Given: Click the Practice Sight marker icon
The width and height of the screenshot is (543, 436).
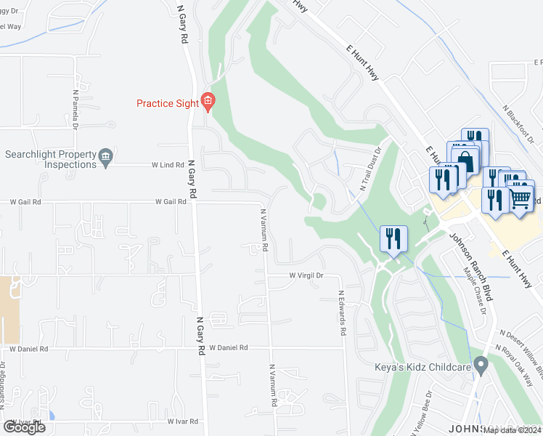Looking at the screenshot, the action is [208, 103].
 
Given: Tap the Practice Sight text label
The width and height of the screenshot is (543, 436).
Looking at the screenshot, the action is [168, 103].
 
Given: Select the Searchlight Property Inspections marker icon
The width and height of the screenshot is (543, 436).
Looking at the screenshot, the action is [105, 156].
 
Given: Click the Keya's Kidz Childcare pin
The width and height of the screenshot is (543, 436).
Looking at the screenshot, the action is [480, 366].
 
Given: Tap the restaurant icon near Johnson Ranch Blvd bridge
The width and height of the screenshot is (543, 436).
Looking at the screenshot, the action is [393, 240].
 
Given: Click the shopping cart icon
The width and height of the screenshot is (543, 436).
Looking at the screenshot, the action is [520, 195].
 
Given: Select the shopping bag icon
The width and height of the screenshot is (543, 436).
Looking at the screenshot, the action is [465, 161].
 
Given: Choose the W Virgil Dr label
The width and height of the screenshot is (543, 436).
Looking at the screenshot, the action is [306, 276].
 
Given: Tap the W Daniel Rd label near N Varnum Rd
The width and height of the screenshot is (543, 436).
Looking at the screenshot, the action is [229, 348].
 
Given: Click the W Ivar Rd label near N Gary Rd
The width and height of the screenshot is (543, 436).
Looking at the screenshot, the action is [184, 421].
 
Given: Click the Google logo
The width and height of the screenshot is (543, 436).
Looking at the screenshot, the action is [24, 427].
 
